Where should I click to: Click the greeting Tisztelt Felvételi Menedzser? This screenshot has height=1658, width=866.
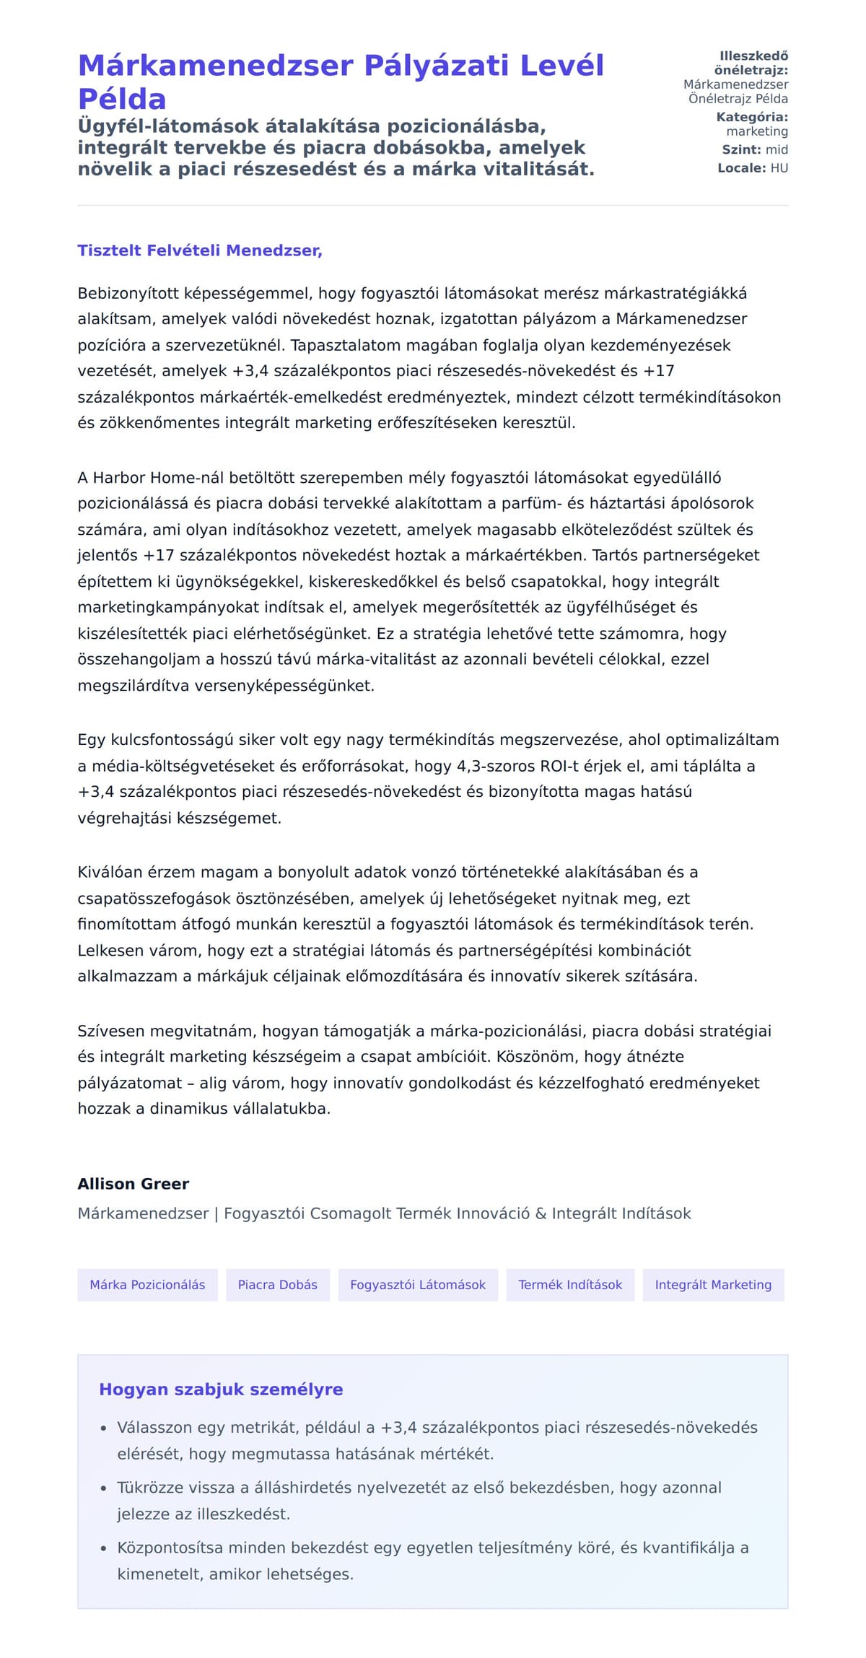pos(200,250)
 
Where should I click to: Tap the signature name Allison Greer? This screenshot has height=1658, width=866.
pos(134,1184)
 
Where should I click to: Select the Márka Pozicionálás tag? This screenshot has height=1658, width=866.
pos(147,1285)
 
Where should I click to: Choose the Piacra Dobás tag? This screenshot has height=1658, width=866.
pos(278,1285)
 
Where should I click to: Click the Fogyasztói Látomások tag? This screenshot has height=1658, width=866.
pos(418,1285)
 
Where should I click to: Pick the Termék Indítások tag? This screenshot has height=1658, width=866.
pos(570,1285)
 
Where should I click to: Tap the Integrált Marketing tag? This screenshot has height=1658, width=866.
pos(713,1285)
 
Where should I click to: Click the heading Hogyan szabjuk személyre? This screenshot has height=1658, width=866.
pos(221,1389)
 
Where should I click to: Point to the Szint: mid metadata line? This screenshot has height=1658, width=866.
pos(755,149)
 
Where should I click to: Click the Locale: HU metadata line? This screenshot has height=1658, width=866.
pos(753,168)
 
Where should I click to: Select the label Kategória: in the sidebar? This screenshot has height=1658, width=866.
pos(752,117)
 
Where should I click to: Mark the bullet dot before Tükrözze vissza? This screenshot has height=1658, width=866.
pos(103,1488)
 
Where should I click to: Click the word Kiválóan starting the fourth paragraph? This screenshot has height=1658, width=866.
pos(110,872)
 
